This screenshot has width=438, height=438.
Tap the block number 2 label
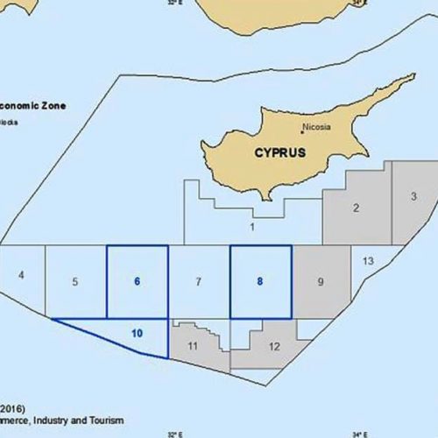coord(356,208)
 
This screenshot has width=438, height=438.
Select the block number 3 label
coord(413,196)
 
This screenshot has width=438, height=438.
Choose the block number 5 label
coord(75,281)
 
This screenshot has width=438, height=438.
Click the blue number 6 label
coord(137,281)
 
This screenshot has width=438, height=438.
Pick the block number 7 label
coord(199,281)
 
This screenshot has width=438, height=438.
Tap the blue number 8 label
coord(259,281)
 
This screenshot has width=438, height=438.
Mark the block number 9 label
coord(321,281)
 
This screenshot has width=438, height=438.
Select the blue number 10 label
coord(137,333)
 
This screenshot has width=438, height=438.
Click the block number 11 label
coord(193,347)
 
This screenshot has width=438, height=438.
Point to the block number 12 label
coord(274,347)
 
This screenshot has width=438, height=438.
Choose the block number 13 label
coord(368,262)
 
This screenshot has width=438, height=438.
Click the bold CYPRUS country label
coord(279,152)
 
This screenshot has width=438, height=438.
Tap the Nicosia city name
coord(316,127)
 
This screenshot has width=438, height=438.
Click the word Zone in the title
coord(50,105)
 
